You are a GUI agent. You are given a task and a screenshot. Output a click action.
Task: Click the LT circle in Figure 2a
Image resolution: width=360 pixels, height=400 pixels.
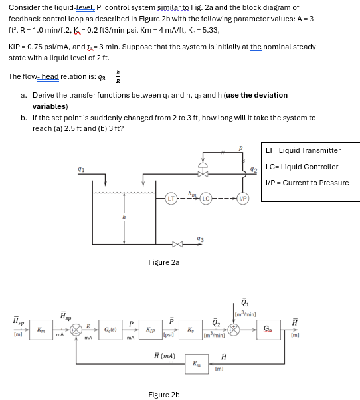pyautogui.click(x=170, y=198)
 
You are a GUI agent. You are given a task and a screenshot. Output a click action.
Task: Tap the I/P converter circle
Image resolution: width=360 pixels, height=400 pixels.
pyautogui.click(x=243, y=198)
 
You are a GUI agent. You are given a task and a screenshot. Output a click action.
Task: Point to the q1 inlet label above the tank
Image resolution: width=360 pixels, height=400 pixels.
pyautogui.click(x=80, y=171)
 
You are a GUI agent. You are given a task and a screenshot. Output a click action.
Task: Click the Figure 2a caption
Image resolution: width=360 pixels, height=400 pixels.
pyautogui.click(x=163, y=263)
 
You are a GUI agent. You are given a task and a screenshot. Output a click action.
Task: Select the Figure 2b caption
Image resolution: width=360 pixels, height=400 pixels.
pyautogui.click(x=163, y=395)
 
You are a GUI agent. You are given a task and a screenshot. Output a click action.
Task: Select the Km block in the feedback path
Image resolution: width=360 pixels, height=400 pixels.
pyautogui.click(x=196, y=364)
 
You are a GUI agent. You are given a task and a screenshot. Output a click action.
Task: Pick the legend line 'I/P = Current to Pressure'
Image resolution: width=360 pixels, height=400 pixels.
pyautogui.click(x=306, y=183)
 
